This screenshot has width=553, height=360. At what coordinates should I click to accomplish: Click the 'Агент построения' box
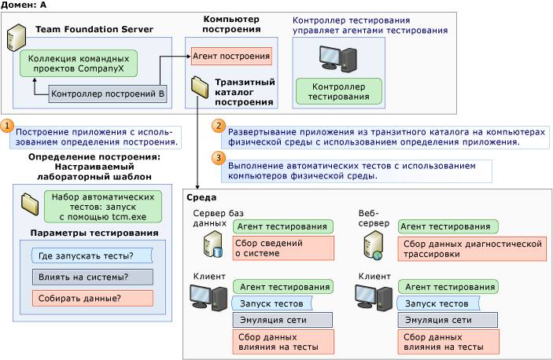pyautogui.click(x=231, y=57)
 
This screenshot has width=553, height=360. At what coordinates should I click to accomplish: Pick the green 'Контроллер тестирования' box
pyautogui.click(x=338, y=91)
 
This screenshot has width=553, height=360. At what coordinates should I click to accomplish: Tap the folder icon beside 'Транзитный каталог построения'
pyautogui.click(x=197, y=87)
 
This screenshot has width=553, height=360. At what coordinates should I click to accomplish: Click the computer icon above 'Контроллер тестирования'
pyautogui.click(x=337, y=57)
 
